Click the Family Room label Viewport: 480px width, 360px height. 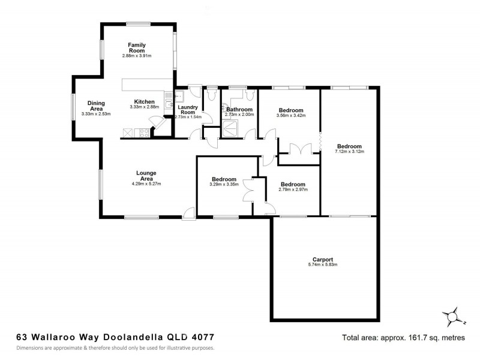coord(137,48)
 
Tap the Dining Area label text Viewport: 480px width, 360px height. coord(96,106)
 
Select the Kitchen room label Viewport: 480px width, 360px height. coord(144,101)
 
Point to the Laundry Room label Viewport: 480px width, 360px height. coord(188,109)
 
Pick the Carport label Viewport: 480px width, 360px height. coord(323,259)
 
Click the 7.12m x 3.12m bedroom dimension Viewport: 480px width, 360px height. coord(349,152)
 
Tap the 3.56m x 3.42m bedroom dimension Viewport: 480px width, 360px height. coord(290,115)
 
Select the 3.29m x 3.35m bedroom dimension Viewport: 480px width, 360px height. coord(223,184)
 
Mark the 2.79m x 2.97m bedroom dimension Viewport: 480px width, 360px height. coord(293,190)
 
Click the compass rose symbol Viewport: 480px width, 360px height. coord(454,315)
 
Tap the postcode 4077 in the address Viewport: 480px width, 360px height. coord(202,338)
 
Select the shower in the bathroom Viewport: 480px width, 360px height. coord(230,127)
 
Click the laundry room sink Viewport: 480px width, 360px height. coord(178,95)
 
